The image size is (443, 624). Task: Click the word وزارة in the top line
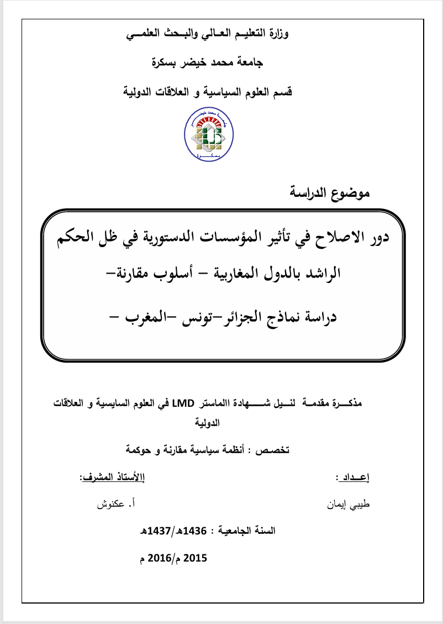277,34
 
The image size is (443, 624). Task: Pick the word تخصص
273,450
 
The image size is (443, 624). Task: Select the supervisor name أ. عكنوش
117,504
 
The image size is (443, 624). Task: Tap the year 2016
160,558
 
